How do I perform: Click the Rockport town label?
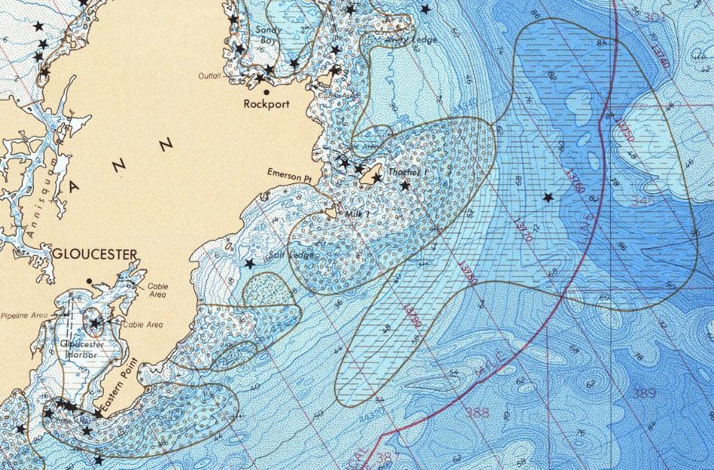click(262, 105)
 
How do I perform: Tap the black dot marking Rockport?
click(266, 92)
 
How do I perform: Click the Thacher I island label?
click(407, 173)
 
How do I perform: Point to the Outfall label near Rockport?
click(209, 76)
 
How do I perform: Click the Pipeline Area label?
click(23, 315)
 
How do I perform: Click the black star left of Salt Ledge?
click(250, 263)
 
